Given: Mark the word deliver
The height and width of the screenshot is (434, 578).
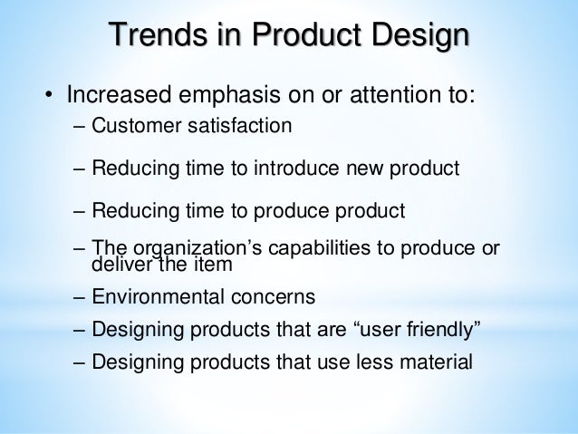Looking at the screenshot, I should tap(121, 265).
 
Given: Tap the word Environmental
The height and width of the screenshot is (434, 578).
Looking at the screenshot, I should tap(152, 296).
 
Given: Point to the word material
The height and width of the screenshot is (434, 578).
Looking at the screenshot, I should tap(433, 362).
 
